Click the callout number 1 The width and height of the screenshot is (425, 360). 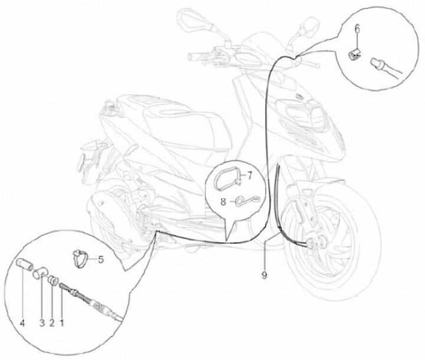pyautogui.click(x=61, y=323)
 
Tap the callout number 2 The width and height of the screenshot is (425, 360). pyautogui.click(x=52, y=323)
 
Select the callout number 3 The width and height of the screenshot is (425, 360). pyautogui.click(x=42, y=323)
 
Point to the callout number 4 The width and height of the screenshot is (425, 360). pyautogui.click(x=22, y=323)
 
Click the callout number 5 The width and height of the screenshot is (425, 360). pyautogui.click(x=101, y=260)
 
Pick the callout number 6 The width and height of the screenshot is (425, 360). pyautogui.click(x=357, y=28)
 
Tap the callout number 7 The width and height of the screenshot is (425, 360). pyautogui.click(x=249, y=176)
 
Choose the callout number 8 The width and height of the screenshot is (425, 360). pyautogui.click(x=223, y=202)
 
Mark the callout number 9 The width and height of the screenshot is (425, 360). pyautogui.click(x=264, y=276)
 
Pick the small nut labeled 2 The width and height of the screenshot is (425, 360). pyautogui.click(x=53, y=280)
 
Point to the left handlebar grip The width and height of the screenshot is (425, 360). pyautogui.click(x=196, y=57)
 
